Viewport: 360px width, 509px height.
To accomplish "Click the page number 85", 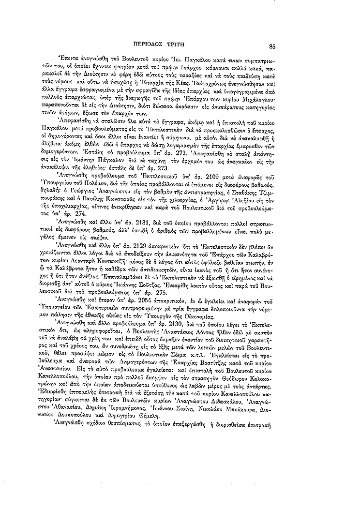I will tap(273, 47).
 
